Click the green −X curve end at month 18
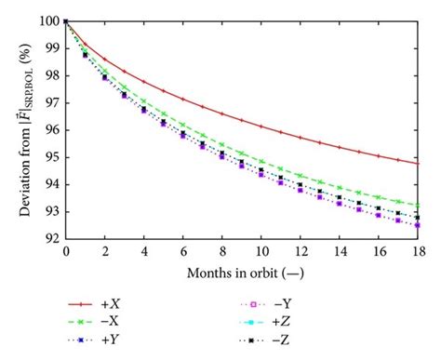coord(418,206)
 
